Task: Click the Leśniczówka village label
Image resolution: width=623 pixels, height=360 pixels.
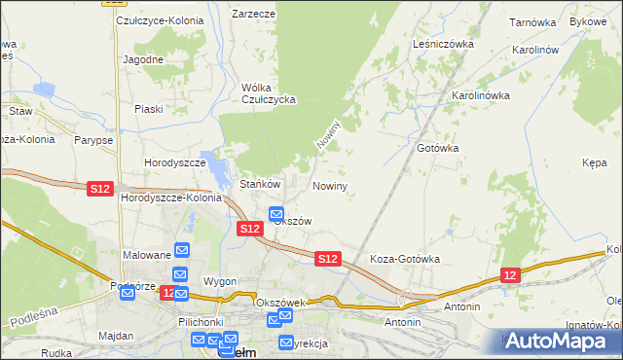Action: [x=442, y=44]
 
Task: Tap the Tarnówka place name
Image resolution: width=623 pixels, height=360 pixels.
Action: [x=531, y=20]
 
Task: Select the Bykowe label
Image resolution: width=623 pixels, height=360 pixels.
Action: [x=587, y=20]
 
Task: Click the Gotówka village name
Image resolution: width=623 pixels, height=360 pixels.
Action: [x=437, y=148]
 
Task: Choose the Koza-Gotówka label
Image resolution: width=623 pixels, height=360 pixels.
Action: [x=405, y=260]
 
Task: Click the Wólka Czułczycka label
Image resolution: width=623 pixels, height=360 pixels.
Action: [x=268, y=93]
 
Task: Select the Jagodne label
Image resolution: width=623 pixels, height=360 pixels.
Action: [x=143, y=59]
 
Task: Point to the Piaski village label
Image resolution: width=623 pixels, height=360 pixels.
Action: [x=149, y=109]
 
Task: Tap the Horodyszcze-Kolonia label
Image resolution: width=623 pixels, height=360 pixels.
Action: [x=171, y=198]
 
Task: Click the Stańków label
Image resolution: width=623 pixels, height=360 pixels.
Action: [x=260, y=184]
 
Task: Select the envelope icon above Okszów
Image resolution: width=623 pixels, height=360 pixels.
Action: [x=275, y=214]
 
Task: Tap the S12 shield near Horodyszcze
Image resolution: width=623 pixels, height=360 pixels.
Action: [x=99, y=188]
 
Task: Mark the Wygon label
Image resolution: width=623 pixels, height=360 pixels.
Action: [x=220, y=281]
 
